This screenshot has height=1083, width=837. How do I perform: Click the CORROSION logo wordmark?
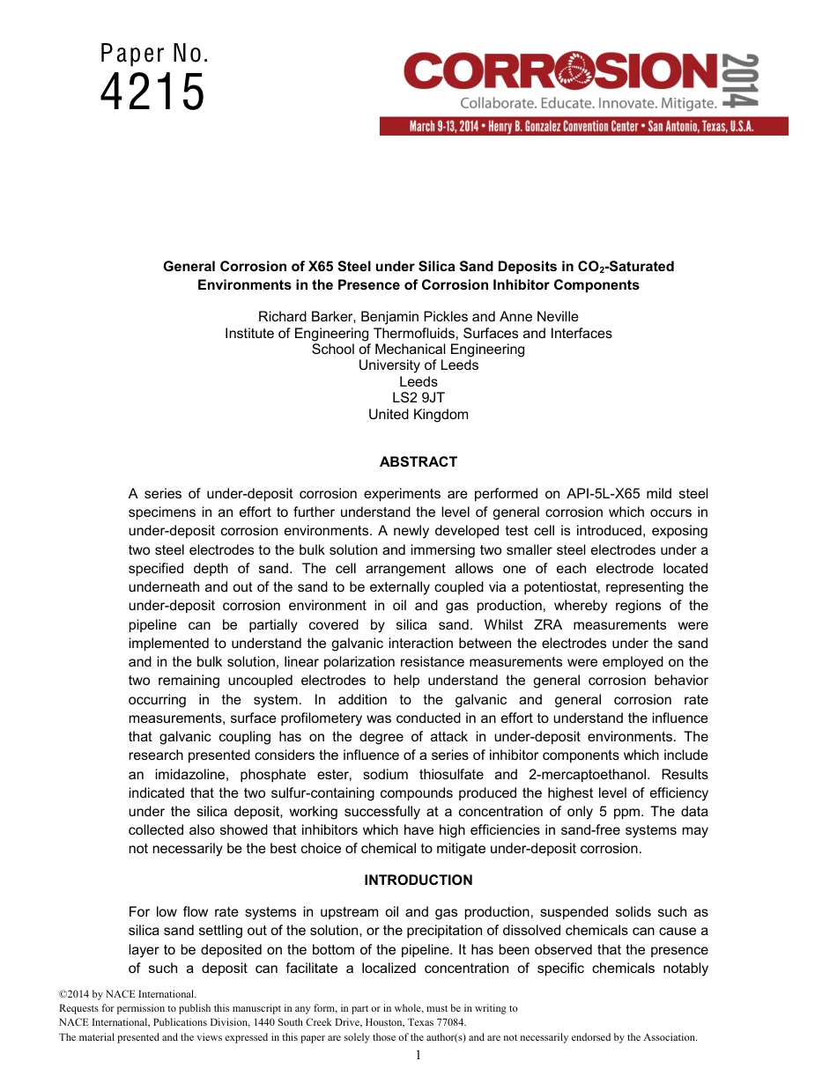(560, 71)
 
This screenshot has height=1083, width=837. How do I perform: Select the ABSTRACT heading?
(418, 461)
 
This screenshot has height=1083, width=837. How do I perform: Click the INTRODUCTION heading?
(418, 880)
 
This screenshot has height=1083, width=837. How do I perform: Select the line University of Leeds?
(418, 365)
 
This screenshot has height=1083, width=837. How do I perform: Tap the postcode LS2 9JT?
(418, 398)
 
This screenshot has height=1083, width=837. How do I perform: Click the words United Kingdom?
(418, 415)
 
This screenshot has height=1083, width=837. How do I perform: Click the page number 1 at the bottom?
(418, 1055)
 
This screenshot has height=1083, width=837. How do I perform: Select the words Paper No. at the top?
(154, 54)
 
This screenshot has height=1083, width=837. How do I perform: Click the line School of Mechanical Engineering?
(418, 349)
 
